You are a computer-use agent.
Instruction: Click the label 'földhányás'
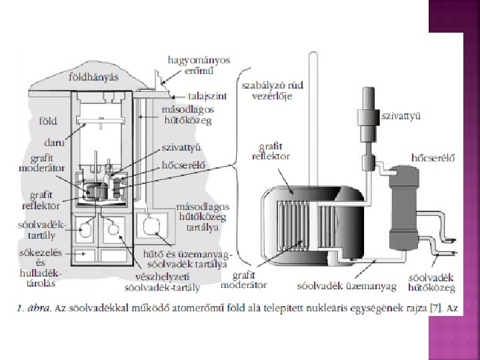click(x=93, y=77)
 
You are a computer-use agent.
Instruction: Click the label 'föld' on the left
click(x=47, y=121)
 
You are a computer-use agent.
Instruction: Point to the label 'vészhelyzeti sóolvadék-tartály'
click(x=159, y=284)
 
